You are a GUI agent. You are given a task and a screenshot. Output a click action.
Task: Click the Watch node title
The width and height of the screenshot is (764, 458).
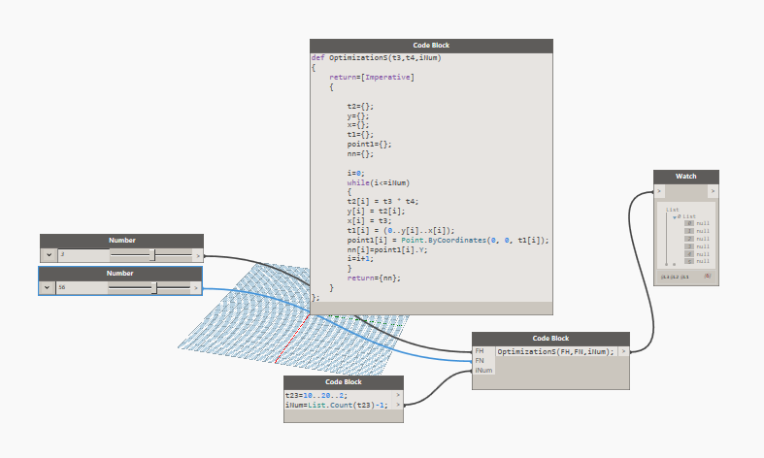tap(685, 177)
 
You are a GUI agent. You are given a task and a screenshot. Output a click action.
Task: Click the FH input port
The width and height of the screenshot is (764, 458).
tap(480, 350)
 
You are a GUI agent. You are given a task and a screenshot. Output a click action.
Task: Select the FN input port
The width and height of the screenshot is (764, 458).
tap(480, 360)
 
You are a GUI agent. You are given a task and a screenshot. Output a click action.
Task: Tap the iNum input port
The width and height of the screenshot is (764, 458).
tap(482, 370)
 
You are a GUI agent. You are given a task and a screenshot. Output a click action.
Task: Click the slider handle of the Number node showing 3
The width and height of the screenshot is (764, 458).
tap(152, 254)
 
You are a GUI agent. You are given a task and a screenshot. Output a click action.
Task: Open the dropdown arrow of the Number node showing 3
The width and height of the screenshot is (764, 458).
tap(49, 254)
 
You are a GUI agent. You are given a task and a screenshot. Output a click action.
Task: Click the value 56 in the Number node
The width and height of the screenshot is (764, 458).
tap(63, 287)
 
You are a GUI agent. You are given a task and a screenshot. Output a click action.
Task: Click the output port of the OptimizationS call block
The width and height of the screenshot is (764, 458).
tap(623, 350)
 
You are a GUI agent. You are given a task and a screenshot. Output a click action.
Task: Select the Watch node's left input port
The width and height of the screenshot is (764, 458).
tap(659, 191)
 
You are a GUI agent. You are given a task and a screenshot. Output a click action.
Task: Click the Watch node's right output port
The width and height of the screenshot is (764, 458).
tap(714, 191)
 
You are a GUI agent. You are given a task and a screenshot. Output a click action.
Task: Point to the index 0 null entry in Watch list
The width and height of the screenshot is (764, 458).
tap(696, 223)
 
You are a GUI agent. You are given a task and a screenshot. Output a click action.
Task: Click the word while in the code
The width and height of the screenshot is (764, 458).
tap(356, 181)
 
